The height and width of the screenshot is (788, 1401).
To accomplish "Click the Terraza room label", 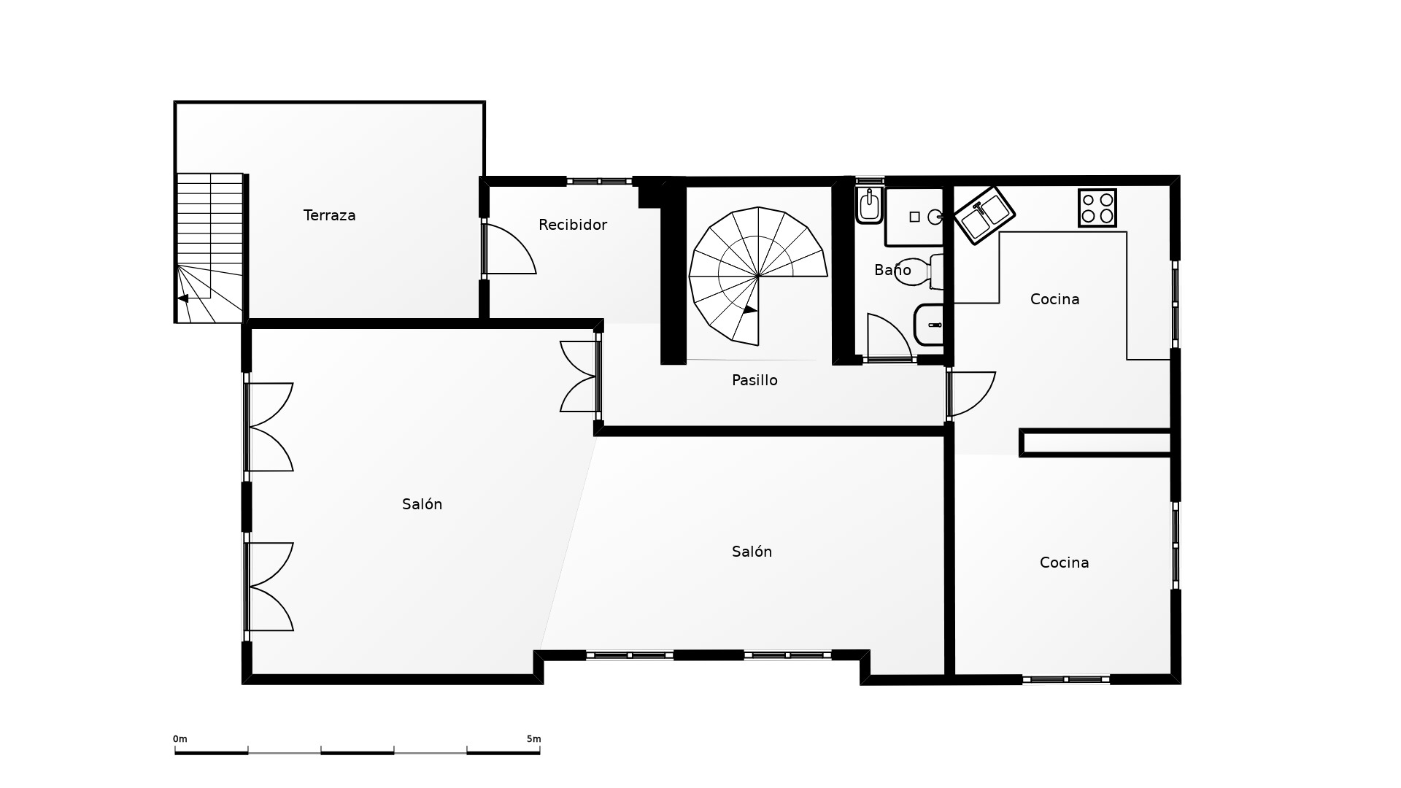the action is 329,215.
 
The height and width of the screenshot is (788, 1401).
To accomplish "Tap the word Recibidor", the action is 573,225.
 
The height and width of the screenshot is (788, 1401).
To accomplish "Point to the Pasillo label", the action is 754,380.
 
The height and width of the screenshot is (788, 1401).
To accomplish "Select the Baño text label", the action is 892,270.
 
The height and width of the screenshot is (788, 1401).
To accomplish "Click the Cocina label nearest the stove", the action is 1054,299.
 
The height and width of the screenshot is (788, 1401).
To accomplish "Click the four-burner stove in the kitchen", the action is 1097,208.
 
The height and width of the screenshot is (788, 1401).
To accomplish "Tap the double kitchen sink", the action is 984,215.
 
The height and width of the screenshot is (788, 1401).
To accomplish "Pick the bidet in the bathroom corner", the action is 869,205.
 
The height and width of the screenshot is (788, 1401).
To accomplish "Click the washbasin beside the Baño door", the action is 929,325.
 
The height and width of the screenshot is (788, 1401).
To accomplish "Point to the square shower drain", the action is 914,217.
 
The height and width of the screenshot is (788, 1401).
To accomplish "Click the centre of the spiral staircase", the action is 758,276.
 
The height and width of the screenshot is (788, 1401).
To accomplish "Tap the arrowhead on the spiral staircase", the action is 750,309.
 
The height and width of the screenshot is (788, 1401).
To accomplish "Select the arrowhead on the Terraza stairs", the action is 182,298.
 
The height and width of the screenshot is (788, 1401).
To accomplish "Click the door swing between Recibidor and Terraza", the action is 509,249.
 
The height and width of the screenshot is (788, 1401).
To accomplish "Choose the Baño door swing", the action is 889,336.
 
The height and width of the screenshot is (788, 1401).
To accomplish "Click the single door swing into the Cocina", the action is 972,394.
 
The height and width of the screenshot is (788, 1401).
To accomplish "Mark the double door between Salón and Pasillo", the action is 579,376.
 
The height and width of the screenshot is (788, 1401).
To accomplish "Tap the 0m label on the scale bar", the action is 180,739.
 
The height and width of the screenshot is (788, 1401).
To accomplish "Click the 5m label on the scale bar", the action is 533,739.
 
